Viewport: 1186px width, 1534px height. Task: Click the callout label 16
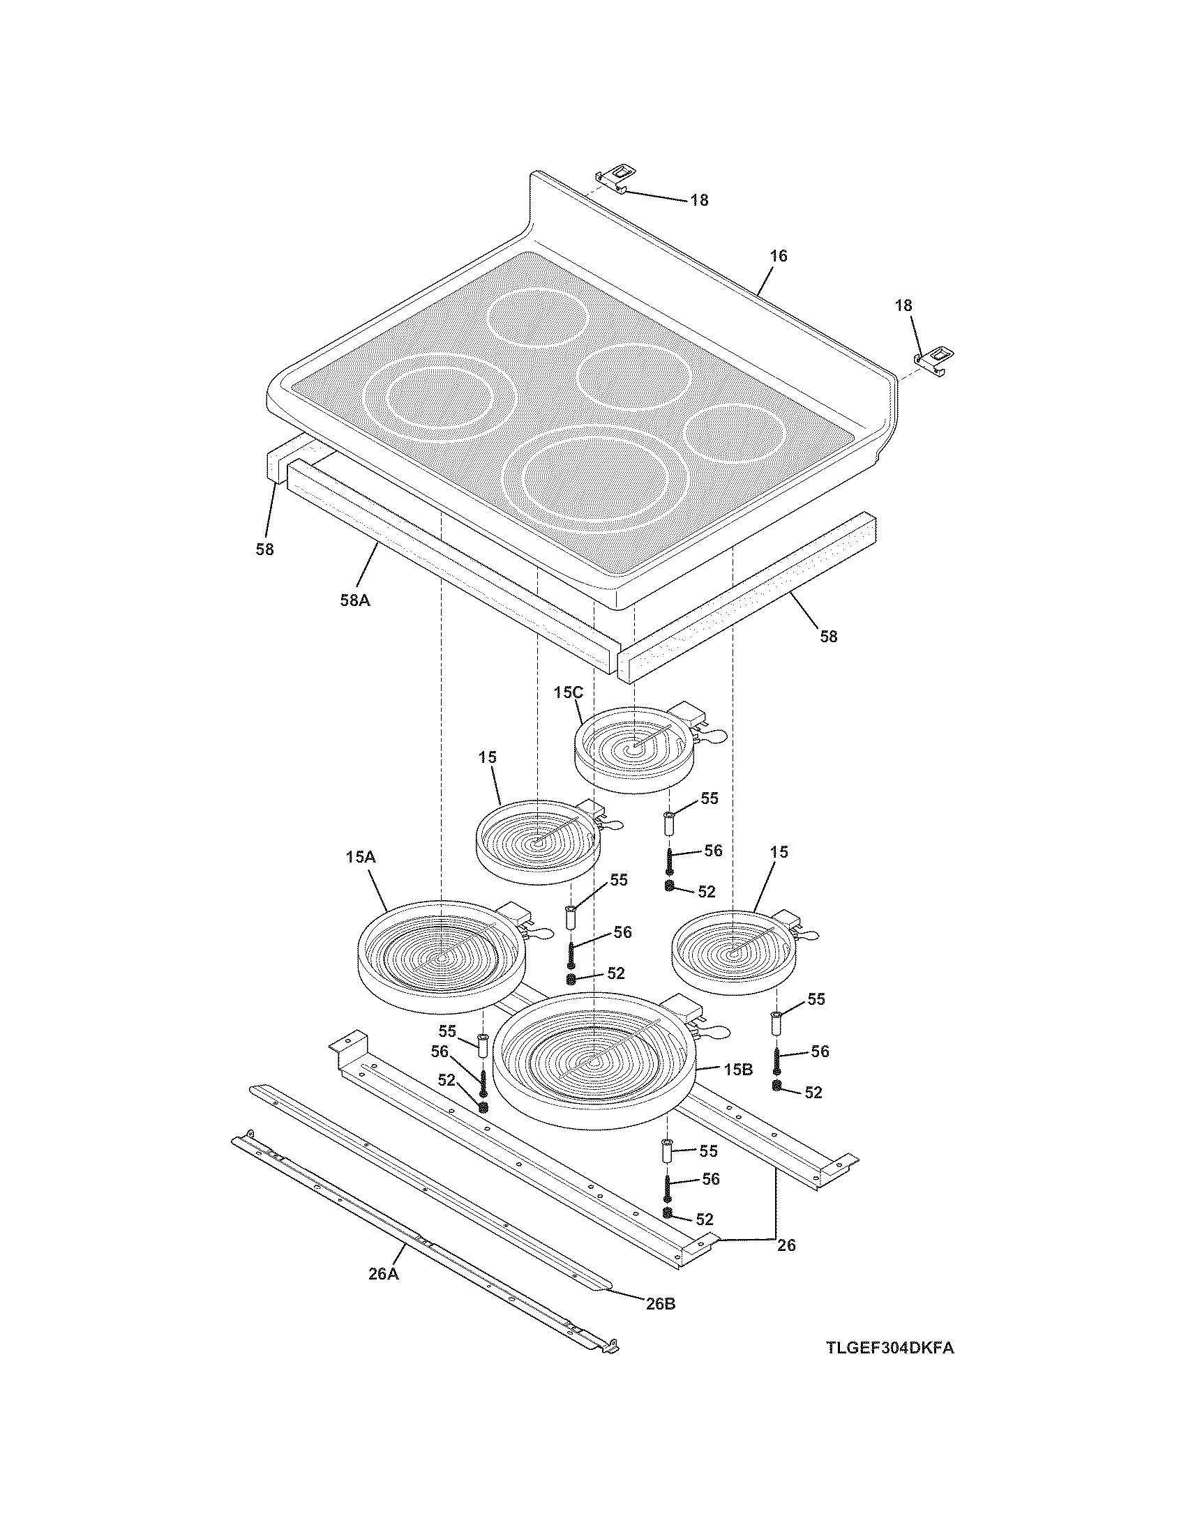[779, 256]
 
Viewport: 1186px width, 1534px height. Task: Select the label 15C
[568, 692]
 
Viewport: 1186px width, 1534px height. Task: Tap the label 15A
[361, 857]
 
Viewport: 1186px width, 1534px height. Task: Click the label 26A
[384, 1273]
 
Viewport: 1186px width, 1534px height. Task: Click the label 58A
[355, 600]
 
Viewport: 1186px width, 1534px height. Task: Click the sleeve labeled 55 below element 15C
[669, 823]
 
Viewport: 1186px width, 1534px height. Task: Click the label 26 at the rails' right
[786, 1245]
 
